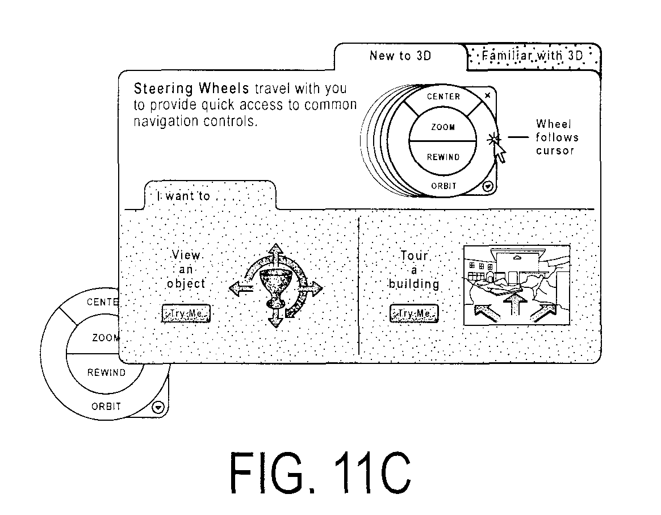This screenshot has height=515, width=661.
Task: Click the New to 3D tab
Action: (400, 56)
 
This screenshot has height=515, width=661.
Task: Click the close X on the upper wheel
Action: (488, 95)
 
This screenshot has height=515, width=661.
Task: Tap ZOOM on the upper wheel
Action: (442, 127)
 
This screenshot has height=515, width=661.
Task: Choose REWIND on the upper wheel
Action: (443, 157)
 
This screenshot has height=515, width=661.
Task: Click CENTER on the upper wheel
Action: (444, 97)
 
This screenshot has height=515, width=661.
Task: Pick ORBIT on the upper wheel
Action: (444, 186)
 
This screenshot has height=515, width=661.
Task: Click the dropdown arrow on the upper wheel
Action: (488, 186)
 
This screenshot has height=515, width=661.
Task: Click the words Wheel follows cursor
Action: (557, 137)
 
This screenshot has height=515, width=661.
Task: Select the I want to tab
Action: (210, 195)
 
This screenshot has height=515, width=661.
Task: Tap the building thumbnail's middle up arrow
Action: (514, 304)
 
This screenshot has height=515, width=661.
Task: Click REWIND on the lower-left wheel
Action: (106, 372)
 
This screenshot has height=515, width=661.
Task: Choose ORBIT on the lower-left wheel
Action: (106, 407)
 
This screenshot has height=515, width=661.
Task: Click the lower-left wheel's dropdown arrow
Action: (158, 407)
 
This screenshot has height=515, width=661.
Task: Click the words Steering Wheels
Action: (191, 89)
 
